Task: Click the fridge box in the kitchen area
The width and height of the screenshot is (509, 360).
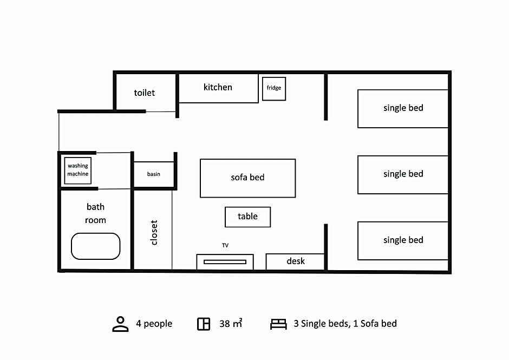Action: pos(274,89)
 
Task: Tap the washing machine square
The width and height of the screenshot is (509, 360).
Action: pos(78,171)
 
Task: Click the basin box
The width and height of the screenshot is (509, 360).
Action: pos(154,174)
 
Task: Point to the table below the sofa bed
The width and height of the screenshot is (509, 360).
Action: pos(247,217)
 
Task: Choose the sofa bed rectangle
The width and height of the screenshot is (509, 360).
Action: pos(247,178)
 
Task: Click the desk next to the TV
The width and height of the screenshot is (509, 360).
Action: pos(295,261)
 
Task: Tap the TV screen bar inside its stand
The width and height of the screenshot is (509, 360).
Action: pos(225,262)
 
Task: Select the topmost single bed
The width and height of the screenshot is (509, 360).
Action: pos(403,109)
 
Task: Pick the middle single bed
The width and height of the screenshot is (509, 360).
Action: pos(403,175)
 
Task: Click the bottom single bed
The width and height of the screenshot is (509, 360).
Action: pos(403,241)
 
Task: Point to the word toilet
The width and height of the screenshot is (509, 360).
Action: pos(145,93)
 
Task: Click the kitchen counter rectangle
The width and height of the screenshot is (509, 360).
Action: pos(218,88)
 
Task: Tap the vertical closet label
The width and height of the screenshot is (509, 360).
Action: pos(154,232)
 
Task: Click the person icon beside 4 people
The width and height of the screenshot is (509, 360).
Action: pos(120,324)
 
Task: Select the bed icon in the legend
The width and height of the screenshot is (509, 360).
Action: pos(278,324)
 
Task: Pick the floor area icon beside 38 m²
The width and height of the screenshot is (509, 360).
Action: pos(204,324)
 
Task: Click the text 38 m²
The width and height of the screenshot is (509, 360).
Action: pos(231,323)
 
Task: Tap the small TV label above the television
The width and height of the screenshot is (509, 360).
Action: pos(225,245)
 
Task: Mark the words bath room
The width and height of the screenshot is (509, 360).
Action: pos(95,213)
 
